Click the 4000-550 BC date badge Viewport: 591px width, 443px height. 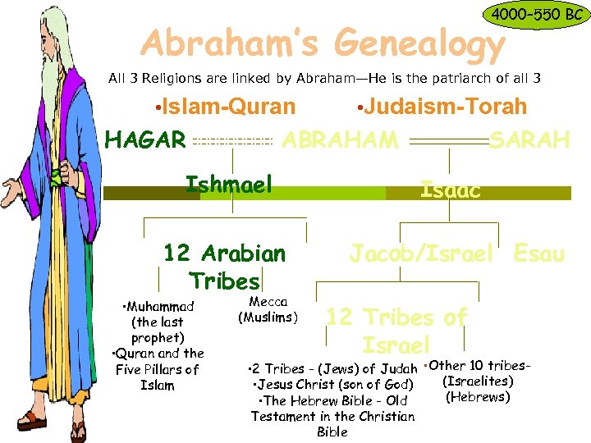[x=534, y=15]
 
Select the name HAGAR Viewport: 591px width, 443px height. [x=145, y=140]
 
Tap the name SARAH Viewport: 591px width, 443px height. [x=529, y=140]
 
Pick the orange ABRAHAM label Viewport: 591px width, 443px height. [x=340, y=140]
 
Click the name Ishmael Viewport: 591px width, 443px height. [x=228, y=184]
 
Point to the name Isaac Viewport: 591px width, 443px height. [x=450, y=190]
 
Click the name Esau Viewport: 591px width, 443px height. [x=539, y=253]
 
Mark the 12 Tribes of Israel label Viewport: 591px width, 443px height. [x=396, y=330]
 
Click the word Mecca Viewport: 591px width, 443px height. [x=268, y=302]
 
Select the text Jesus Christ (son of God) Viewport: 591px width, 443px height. [x=332, y=384]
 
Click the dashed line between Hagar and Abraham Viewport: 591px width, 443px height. [x=233, y=141]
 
